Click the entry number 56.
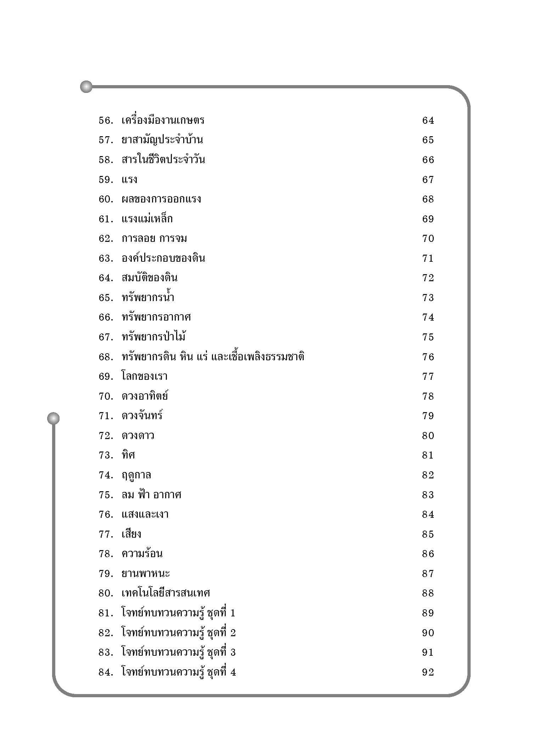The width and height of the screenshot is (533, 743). (x=106, y=121)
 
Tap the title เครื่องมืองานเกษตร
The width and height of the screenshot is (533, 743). (x=163, y=121)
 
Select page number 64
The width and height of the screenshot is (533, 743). (x=428, y=121)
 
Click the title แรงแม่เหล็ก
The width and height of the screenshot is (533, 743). (x=147, y=219)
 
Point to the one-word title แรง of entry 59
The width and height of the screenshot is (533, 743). (x=129, y=179)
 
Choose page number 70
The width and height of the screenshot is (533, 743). (x=428, y=239)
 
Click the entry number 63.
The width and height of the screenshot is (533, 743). (x=106, y=258)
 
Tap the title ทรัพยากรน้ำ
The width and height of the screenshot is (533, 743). (x=148, y=298)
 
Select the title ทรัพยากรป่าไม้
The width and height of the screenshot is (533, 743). (x=153, y=337)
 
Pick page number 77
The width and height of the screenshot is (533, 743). (x=428, y=376)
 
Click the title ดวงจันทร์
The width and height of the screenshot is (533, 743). (x=142, y=416)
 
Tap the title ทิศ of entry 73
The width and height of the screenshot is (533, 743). (x=128, y=455)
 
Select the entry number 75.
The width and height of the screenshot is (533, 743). (x=106, y=495)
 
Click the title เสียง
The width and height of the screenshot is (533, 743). (x=131, y=534)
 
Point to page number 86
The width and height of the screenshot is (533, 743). (x=428, y=554)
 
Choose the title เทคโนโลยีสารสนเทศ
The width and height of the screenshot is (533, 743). (x=166, y=593)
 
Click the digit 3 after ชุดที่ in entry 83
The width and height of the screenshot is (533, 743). (x=233, y=652)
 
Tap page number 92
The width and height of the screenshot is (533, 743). (x=428, y=672)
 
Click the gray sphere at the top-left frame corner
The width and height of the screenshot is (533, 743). (x=86, y=87)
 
